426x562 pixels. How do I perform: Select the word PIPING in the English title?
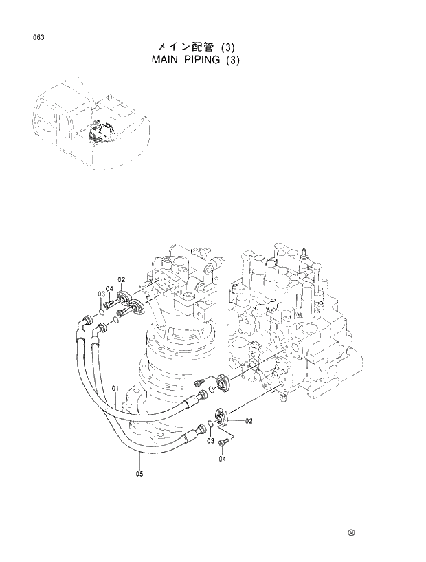pyautogui.click(x=206, y=60)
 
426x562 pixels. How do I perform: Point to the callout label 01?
pyautogui.click(x=115, y=389)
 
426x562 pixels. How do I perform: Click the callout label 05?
pyautogui.click(x=139, y=473)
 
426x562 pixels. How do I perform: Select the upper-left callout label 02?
pyautogui.click(x=121, y=279)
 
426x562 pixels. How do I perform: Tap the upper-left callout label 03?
pyautogui.click(x=100, y=294)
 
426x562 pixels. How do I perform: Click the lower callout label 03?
pyautogui.click(x=212, y=440)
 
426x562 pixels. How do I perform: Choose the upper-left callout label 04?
pyautogui.click(x=109, y=288)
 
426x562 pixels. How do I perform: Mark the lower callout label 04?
pyautogui.click(x=221, y=462)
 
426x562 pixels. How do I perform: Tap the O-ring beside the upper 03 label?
pyautogui.click(x=102, y=312)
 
